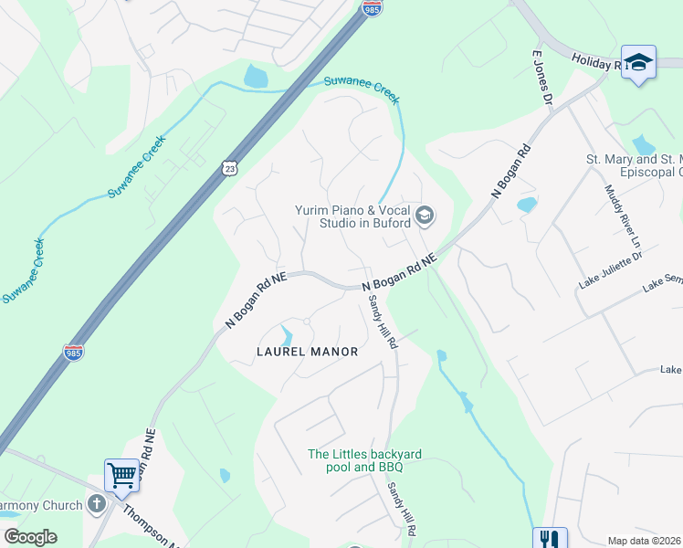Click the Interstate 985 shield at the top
[372, 8]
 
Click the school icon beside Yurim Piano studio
[424, 216]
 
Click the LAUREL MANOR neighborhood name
[307, 351]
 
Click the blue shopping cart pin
[121, 474]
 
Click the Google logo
[30, 537]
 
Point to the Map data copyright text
[644, 541]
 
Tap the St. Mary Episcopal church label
[634, 165]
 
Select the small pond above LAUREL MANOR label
[287, 335]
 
